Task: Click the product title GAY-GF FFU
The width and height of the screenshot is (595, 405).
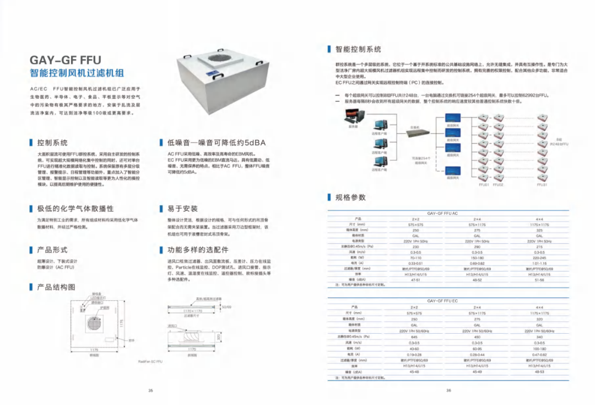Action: point(65,60)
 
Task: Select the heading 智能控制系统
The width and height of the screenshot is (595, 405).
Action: point(358,50)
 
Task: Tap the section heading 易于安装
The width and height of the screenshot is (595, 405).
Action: point(182,209)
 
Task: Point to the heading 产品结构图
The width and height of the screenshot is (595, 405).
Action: point(56,287)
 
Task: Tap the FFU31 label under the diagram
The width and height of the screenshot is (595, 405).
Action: point(542,184)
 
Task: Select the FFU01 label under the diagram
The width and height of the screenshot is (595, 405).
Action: point(484,184)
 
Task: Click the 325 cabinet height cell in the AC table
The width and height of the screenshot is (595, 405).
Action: point(539,230)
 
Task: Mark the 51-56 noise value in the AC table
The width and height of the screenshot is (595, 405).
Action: point(539,280)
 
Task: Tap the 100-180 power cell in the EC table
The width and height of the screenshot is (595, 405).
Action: point(539,348)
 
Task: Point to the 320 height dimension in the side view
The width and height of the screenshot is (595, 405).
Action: point(218,336)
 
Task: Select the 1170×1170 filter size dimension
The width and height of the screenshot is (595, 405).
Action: point(192,311)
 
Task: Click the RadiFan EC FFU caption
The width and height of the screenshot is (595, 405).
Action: point(150,361)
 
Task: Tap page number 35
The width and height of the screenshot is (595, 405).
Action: point(150,391)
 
